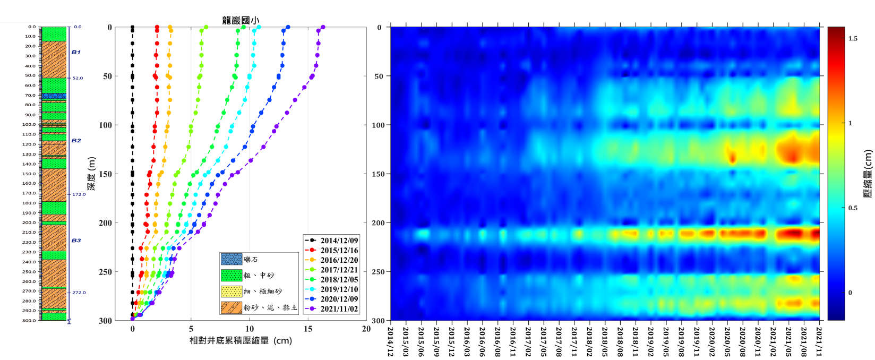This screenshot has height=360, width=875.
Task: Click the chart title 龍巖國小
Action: click(241, 20)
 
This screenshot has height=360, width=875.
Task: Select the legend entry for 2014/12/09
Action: click(339, 241)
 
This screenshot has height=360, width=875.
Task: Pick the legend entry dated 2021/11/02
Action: click(339, 308)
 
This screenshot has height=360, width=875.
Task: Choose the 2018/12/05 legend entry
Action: click(339, 279)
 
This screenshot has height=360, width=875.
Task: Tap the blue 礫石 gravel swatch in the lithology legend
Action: click(231, 259)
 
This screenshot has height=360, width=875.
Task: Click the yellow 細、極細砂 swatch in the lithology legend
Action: click(231, 292)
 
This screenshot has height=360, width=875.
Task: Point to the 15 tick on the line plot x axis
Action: click(308, 329)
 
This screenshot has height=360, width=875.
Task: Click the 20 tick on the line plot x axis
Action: click(366, 329)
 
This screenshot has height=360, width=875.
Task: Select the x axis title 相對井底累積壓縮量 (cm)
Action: click(241, 340)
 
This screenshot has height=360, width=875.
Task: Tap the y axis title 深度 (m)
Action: click(92, 174)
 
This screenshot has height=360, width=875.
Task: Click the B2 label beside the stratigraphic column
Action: click(76, 141)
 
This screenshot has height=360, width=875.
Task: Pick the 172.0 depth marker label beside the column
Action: click(79, 194)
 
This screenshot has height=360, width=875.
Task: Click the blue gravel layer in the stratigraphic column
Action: click(54, 96)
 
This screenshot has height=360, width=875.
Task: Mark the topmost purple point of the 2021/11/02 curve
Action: click(323, 27)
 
